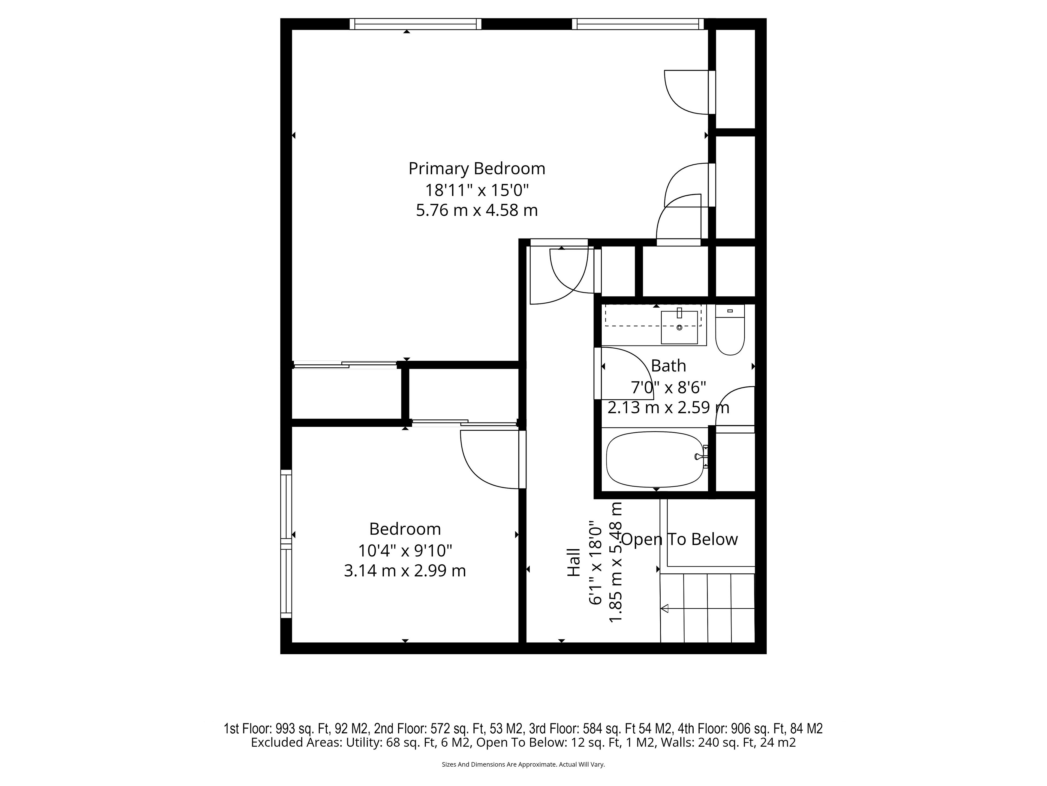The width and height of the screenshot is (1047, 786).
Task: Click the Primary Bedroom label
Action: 477,169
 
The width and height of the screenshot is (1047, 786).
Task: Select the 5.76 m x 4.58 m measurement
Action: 477,210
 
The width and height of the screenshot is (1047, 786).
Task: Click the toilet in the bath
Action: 730,330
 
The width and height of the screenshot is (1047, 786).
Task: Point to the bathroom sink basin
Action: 679,327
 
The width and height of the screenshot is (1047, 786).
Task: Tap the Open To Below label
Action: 679,539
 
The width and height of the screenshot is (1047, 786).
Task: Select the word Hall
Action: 574,562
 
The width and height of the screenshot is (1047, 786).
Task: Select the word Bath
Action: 668,366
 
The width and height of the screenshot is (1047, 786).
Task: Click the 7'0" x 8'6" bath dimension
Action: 668,388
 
